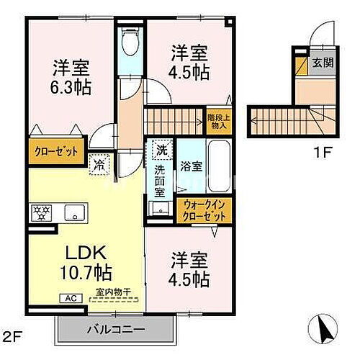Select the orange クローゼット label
(54, 152)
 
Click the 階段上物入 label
(217, 121)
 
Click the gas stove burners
(39, 212)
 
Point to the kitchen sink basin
(74, 212)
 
